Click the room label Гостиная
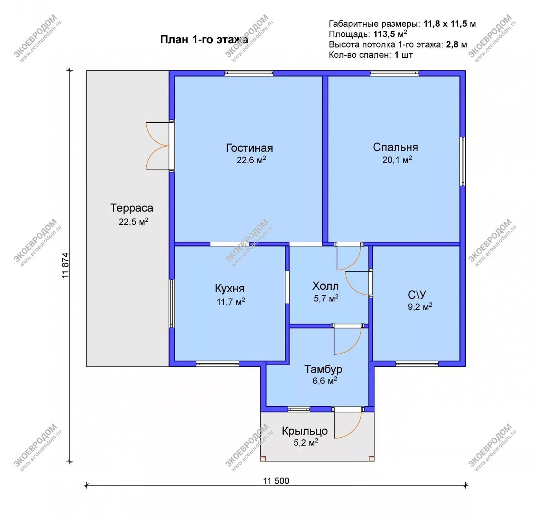(x=249, y=148)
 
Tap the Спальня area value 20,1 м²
(x=397, y=160)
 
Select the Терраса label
(x=132, y=208)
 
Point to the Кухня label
(x=230, y=289)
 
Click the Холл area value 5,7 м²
(x=326, y=298)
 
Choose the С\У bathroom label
(x=417, y=295)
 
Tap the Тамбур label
(x=323, y=369)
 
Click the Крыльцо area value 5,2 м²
(x=306, y=443)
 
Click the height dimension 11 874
(x=65, y=265)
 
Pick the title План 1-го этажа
(x=204, y=40)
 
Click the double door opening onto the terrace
(x=158, y=145)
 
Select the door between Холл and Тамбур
(x=348, y=340)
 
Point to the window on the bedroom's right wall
(x=463, y=161)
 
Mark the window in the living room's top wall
(x=249, y=74)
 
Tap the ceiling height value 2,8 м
(x=456, y=44)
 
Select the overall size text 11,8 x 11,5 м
(x=450, y=24)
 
